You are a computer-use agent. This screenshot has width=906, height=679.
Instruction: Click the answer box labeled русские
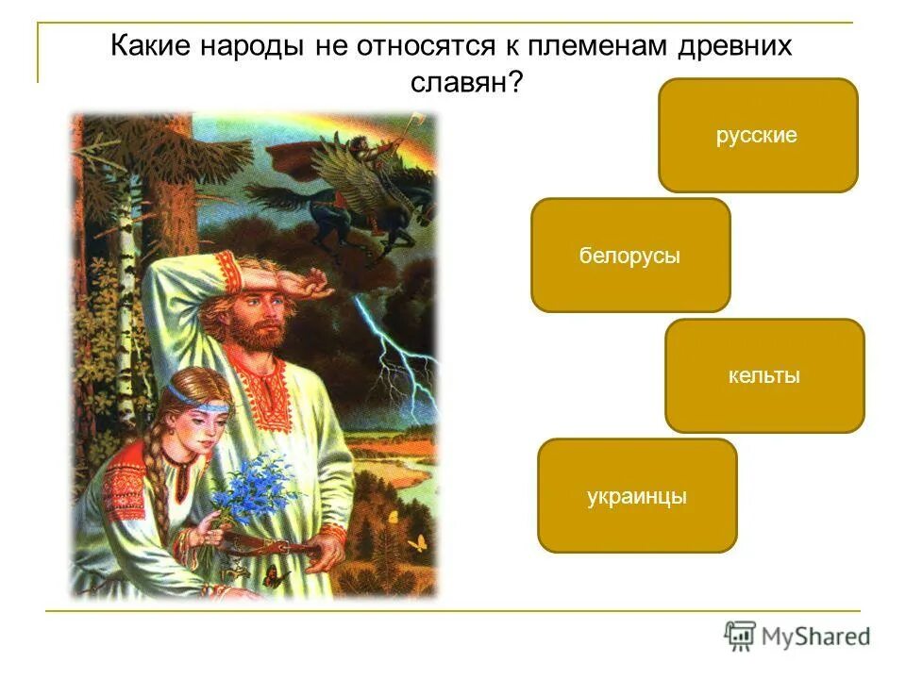[x=757, y=136]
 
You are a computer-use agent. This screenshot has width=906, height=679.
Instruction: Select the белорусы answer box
[x=629, y=256]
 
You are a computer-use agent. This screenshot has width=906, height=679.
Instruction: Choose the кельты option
[x=764, y=376]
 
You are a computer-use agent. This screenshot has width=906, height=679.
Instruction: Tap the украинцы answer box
[x=636, y=496]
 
